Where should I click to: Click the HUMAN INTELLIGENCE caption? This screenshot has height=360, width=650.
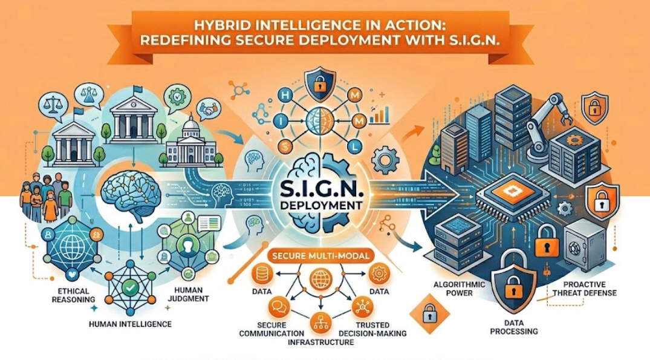[x=129, y=324]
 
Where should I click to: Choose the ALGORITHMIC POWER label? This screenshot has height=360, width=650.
[x=456, y=289]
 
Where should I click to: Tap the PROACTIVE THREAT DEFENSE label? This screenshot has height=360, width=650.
[x=584, y=289]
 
